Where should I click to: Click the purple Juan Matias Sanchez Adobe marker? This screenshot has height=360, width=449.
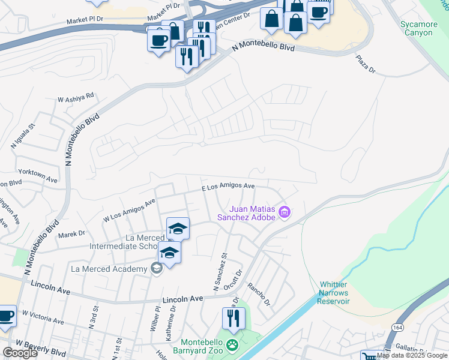pyautogui.click(x=285, y=212)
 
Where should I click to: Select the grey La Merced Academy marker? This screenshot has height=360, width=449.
pyautogui.click(x=157, y=268)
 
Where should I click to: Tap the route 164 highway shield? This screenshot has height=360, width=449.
pyautogui.click(x=397, y=327)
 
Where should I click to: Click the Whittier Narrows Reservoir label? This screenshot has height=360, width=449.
pyautogui.click(x=325, y=292)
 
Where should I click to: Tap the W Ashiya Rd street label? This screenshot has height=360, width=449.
pyautogui.click(x=76, y=97)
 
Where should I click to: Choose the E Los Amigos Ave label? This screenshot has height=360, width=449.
pyautogui.click(x=228, y=187)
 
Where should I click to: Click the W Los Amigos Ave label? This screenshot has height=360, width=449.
pyautogui.click(x=128, y=211)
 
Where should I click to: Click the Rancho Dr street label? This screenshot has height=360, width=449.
pyautogui.click(x=259, y=294)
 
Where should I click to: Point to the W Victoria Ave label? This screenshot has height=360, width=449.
pyautogui.click(x=43, y=317)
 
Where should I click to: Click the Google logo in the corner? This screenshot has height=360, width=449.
pyautogui.click(x=20, y=353)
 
